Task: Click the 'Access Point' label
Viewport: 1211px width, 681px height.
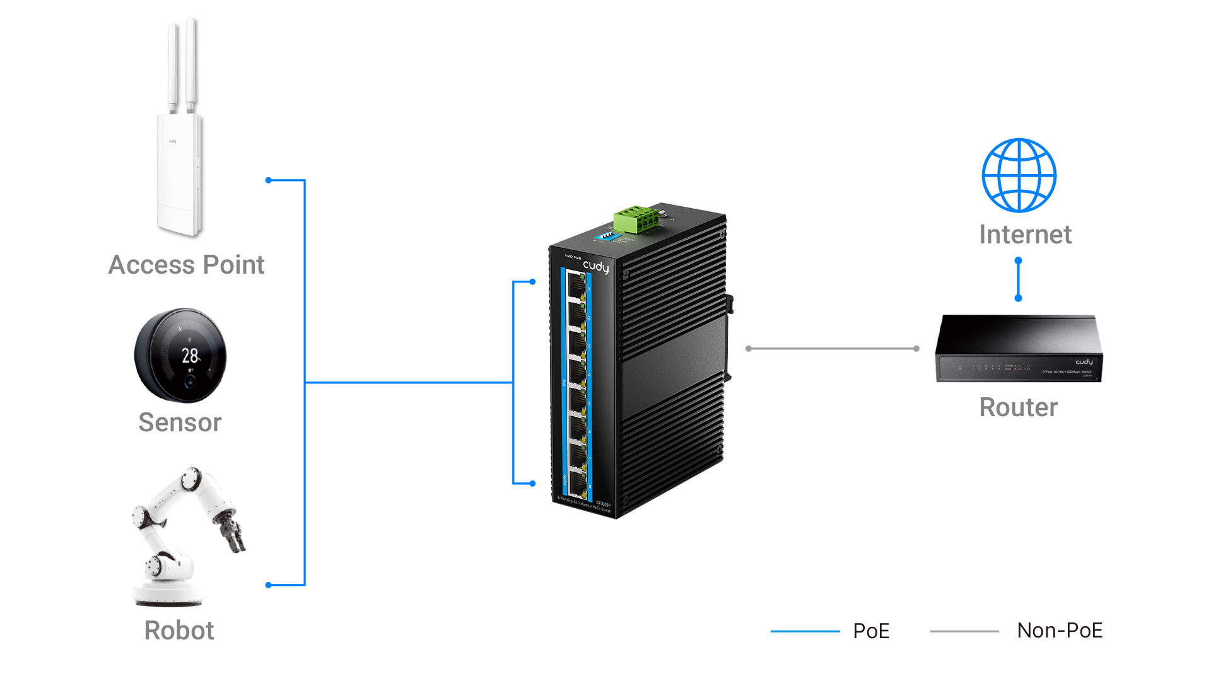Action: click(186, 265)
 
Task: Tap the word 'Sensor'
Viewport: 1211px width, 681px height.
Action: click(180, 422)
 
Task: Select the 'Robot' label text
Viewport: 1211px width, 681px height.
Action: click(179, 631)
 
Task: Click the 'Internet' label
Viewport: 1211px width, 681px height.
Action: click(1025, 235)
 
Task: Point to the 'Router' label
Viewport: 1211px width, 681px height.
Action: click(1018, 407)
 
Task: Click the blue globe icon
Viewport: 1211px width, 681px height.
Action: click(1019, 175)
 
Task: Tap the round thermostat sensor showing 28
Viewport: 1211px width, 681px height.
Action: click(180, 355)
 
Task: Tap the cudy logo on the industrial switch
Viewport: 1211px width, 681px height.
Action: click(596, 266)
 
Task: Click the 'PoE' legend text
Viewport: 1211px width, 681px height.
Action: click(871, 631)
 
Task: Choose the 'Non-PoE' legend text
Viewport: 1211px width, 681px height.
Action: click(1060, 631)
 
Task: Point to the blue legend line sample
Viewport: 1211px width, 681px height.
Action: click(805, 631)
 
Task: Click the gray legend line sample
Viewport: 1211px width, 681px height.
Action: click(964, 631)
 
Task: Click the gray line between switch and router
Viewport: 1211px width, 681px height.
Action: click(833, 348)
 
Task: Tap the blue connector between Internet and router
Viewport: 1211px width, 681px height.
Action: click(1018, 279)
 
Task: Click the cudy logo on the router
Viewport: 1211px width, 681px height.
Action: click(1084, 362)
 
